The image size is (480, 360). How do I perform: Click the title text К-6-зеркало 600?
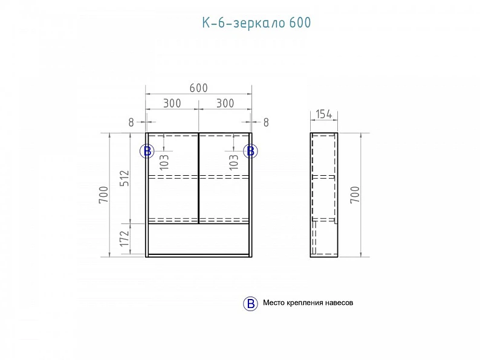(x=256, y=23)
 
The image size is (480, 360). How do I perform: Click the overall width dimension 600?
(x=199, y=88)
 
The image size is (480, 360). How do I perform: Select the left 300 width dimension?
(x=172, y=103)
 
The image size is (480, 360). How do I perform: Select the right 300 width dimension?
(x=225, y=103)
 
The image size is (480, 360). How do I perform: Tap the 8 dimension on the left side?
(x=131, y=123)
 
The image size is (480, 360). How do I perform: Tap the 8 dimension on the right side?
(x=266, y=123)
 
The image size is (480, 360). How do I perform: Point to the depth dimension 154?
(x=324, y=114)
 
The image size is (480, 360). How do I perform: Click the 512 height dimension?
(x=125, y=178)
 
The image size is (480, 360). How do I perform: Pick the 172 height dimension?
(x=125, y=238)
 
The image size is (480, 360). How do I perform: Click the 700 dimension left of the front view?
(x=104, y=194)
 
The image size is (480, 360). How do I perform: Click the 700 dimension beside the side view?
(x=355, y=194)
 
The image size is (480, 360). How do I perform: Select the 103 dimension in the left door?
(x=164, y=162)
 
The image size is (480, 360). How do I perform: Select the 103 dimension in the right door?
(x=233, y=162)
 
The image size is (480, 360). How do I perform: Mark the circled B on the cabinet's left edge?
(x=147, y=151)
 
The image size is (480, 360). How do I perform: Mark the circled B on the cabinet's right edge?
(x=250, y=151)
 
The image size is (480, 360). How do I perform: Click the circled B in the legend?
(x=250, y=304)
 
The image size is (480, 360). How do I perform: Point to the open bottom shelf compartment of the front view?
(x=198, y=239)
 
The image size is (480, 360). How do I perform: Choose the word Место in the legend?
(x=274, y=303)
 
